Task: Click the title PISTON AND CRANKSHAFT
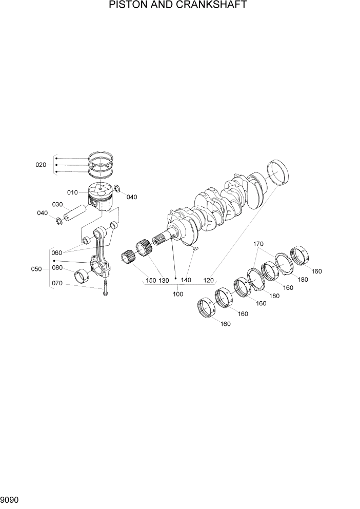click(178, 6)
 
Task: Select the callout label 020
click(41, 165)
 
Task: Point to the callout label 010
click(72, 192)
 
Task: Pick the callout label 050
click(36, 269)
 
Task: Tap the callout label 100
click(178, 295)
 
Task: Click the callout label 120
click(208, 281)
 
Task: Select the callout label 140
click(186, 281)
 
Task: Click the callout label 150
click(150, 281)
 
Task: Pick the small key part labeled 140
click(194, 249)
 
